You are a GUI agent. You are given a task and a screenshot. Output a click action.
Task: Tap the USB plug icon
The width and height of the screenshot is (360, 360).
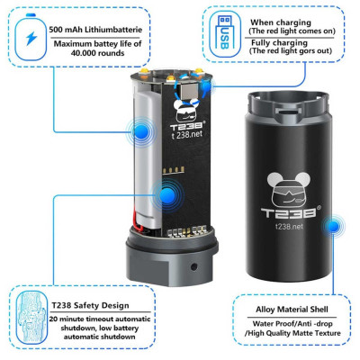click(x=225, y=34)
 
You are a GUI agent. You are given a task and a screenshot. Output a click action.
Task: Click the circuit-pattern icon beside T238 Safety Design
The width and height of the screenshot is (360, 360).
click(x=31, y=318)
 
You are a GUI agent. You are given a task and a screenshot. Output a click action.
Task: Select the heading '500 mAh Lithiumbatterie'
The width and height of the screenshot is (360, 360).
click(x=95, y=30)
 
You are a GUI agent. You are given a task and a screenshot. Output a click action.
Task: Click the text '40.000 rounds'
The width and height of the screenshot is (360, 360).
click(x=98, y=53)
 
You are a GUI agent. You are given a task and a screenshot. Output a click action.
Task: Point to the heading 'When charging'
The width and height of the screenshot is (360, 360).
click(x=281, y=22)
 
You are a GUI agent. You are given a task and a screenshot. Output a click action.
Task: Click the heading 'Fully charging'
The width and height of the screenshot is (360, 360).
click(x=279, y=42)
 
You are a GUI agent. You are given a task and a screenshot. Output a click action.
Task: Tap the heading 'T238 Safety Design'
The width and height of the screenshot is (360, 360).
click(x=90, y=305)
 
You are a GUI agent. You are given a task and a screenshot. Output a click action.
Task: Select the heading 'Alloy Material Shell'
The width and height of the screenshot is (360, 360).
click(x=292, y=310)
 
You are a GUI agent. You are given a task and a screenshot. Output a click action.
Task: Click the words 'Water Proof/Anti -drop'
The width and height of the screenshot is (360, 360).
click(x=292, y=324)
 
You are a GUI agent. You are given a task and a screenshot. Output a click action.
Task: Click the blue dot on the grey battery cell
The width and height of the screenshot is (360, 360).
click(x=141, y=131)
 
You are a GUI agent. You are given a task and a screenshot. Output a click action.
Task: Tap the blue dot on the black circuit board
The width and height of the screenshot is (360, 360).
click(x=167, y=195)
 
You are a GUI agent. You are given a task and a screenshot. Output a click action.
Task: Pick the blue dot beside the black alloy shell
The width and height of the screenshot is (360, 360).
click(x=333, y=226)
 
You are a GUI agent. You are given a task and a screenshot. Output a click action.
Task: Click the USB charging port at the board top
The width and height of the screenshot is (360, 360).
click(x=189, y=91)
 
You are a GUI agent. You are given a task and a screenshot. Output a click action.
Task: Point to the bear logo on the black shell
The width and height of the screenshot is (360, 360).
click(x=289, y=189)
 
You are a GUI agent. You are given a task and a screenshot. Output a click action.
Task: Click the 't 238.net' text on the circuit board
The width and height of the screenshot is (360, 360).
click(x=187, y=135)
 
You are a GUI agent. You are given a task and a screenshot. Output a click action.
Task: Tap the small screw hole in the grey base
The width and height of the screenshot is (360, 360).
click(x=193, y=266)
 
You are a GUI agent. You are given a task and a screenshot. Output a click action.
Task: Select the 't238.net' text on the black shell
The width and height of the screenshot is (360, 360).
click(x=289, y=226)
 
